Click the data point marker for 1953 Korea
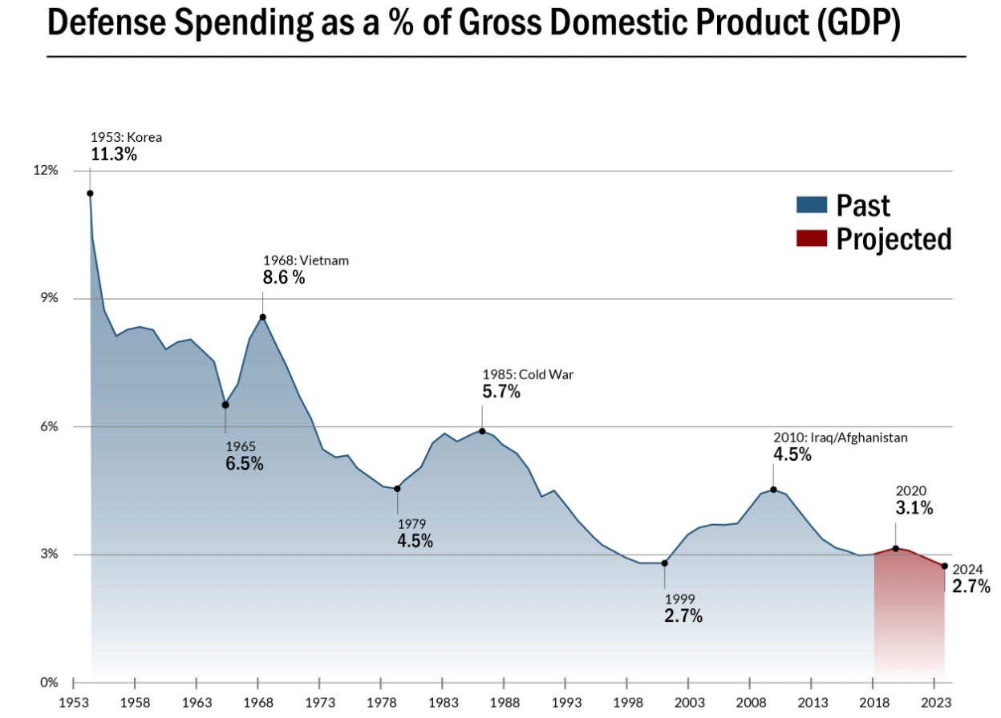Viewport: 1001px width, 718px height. pos(90,193)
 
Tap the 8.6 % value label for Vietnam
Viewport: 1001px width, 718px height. pos(283,278)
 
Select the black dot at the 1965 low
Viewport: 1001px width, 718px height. pos(225,405)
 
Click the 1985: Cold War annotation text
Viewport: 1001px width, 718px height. pos(528,374)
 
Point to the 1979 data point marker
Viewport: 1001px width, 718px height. pos(397,488)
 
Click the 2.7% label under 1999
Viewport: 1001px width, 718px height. pos(683,616)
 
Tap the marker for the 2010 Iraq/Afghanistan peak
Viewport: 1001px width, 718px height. pos(773,489)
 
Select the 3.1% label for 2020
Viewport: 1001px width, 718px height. pos(914,507)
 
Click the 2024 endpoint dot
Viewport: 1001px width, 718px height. pos(945,566)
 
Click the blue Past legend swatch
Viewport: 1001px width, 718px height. pos(811,205)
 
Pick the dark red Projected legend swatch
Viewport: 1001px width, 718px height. pos(811,239)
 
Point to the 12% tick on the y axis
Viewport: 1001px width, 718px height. pos(46,171)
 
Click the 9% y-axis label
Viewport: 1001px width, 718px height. pos(49,298)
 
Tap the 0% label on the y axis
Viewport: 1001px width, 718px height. pos(49,683)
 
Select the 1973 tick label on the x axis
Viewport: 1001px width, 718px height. pos(319,703)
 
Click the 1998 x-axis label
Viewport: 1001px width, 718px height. pos(626,703)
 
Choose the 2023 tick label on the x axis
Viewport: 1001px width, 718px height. pos(934,703)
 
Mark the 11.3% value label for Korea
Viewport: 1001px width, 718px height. pos(113,154)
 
